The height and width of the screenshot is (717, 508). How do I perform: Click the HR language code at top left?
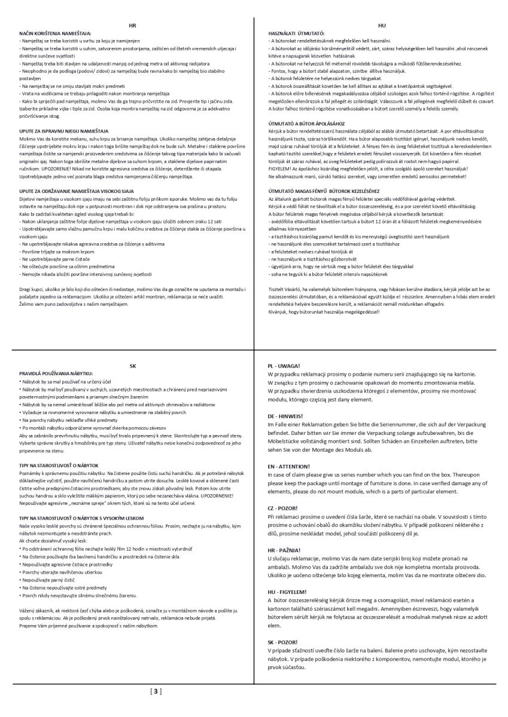[x=133, y=26]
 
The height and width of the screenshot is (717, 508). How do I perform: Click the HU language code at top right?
[x=382, y=26]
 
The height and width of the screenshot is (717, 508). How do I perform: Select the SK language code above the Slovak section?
[x=133, y=364]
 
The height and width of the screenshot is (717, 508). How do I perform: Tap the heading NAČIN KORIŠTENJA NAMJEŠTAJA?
[x=55, y=33]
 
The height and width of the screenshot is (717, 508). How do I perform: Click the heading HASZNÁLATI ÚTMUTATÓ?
[x=297, y=33]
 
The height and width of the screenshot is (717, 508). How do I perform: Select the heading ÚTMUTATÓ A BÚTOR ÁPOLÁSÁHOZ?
[x=304, y=122]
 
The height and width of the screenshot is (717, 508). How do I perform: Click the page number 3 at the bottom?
[x=156, y=692]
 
